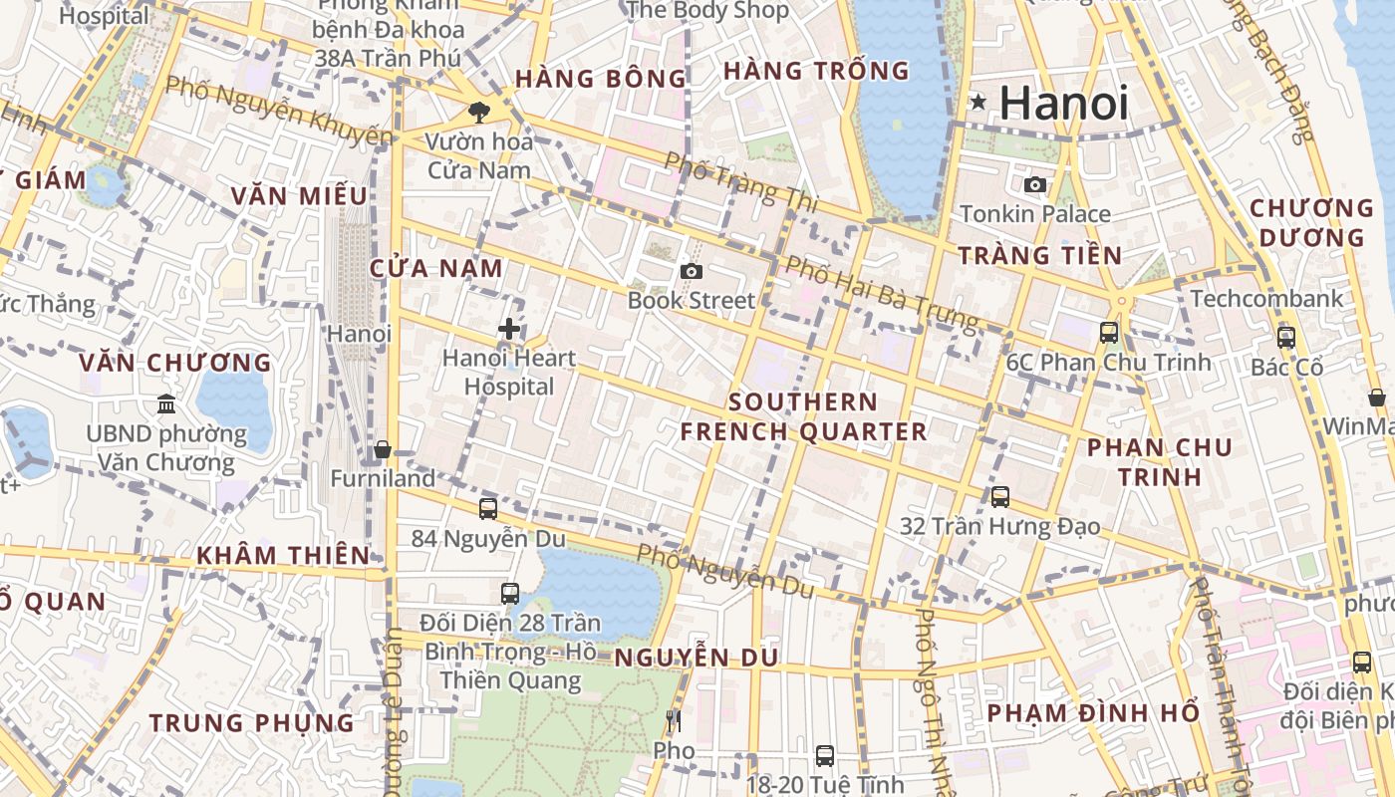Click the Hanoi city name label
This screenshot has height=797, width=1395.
pos(1063,103)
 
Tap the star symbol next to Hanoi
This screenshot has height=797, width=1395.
pos(978,102)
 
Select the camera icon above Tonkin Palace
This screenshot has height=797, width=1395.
pos(1035,184)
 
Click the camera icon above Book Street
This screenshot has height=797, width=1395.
pos(692,271)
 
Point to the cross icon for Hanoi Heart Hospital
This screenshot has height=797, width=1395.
pos(509,329)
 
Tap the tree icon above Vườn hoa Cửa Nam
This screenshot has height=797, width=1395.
pos(479,112)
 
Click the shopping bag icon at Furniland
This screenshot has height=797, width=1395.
pos(383,450)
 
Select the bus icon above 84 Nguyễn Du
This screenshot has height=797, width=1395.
pos(488,508)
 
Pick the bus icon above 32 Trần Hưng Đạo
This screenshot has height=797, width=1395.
pos(1000,496)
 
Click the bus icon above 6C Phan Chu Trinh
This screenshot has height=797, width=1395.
pos(1109,333)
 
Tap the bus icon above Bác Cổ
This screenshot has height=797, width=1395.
pos(1286,337)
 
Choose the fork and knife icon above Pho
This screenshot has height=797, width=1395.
pos(674,720)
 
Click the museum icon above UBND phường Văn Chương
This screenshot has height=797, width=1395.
pos(166,404)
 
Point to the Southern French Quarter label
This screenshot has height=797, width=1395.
pos(803,416)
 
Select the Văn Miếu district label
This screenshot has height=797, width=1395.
pos(286,196)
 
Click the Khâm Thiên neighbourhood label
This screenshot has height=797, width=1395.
pos(283,555)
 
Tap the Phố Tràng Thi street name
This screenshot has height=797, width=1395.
pos(740,181)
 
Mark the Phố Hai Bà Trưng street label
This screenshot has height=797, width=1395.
pos(882,293)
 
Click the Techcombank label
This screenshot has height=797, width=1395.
pos(1266,299)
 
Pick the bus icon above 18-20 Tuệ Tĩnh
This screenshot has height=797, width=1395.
pos(825,755)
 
